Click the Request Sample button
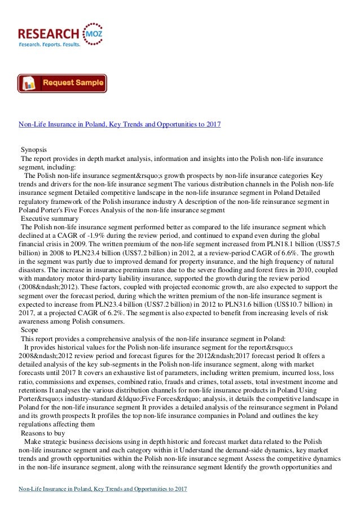62,83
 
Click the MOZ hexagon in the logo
91,32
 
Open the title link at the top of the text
120,124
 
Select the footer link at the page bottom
103,487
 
